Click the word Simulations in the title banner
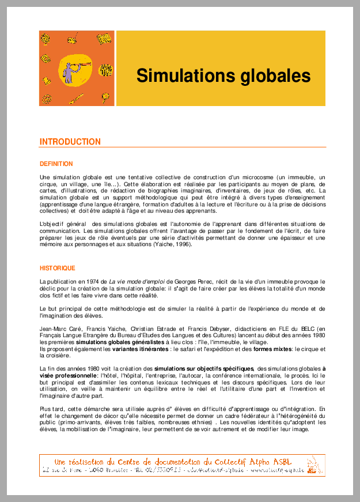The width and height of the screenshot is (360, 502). click(182, 76)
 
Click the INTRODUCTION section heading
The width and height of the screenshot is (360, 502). click(70, 142)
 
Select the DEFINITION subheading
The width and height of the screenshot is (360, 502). click(56, 164)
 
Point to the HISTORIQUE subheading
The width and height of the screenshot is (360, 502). click(57, 268)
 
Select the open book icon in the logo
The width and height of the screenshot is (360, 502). click(103, 39)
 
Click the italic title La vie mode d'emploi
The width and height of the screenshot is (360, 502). click(134, 281)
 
